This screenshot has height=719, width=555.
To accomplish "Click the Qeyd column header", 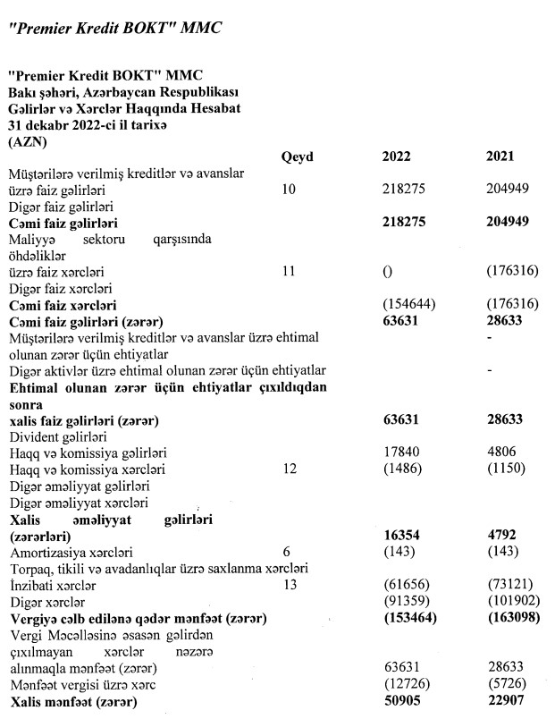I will pos(297,156).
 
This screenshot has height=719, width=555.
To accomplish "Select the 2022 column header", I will pos(396,156).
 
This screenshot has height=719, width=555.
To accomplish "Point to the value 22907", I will pos(504,703).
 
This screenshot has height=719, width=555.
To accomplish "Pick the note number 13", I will pos(288,584).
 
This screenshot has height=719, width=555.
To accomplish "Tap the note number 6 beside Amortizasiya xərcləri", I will pos(285,552).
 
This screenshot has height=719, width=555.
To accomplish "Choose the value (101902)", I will pos(507,601).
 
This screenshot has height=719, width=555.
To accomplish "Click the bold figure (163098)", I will pos(507,618).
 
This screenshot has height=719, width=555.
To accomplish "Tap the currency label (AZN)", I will pos(28,141).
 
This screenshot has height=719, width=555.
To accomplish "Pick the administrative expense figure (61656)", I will pos(399,585).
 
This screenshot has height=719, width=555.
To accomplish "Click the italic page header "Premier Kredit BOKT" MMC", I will pos(113,28).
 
